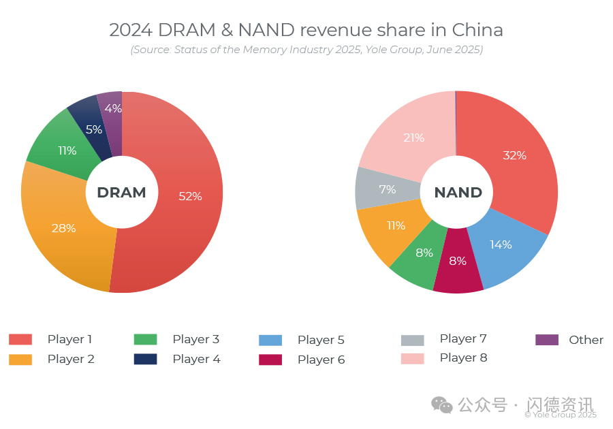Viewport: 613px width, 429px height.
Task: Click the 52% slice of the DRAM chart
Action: click(x=187, y=197)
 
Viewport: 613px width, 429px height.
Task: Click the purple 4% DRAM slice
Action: click(x=112, y=109)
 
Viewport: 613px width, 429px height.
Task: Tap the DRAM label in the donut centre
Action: click(x=121, y=193)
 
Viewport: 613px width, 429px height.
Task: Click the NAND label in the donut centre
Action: click(x=458, y=193)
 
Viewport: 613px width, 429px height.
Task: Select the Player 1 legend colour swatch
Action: click(x=20, y=339)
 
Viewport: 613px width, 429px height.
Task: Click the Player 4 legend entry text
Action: click(x=196, y=359)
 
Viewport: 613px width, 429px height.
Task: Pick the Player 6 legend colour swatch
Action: click(x=270, y=360)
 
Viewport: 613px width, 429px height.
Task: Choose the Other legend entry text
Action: click(x=586, y=340)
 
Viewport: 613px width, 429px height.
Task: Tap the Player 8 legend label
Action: click(x=463, y=357)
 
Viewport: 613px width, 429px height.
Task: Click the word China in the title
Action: click(x=477, y=30)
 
